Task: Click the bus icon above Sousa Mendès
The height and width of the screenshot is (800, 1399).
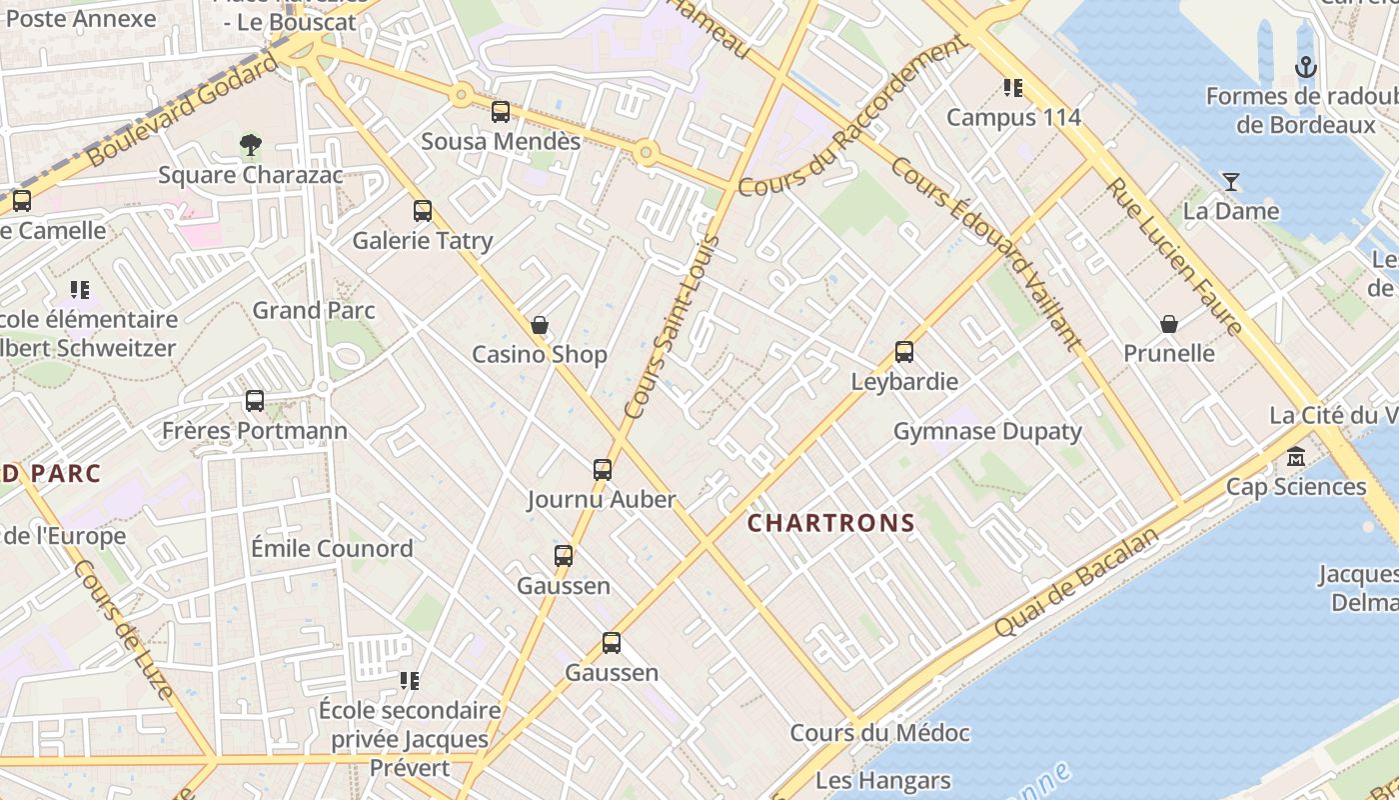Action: pos(501,112)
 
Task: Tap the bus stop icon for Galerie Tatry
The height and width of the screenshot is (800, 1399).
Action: pos(423,211)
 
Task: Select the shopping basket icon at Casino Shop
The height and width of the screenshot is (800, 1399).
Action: pos(540,325)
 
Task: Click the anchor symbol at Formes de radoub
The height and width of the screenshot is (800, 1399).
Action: pos(1305,68)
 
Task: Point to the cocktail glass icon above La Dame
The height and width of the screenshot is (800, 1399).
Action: pos(1231,182)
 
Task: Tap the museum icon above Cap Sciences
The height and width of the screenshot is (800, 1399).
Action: pos(1296,457)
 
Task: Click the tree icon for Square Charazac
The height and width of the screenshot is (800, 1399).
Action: pos(251,146)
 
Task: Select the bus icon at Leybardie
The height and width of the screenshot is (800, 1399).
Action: pos(904,352)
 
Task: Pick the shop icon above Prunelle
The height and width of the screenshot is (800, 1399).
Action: pos(1169,324)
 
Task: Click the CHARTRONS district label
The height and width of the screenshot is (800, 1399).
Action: pos(831,523)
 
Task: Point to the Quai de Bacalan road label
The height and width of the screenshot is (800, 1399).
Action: pos(1078,582)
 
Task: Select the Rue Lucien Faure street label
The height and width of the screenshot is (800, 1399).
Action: pos(1174,256)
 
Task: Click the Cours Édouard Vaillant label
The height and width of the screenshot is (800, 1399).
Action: pos(985,254)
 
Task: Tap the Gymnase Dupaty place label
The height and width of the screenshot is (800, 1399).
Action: pos(987,432)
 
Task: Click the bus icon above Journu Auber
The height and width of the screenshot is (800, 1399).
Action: pos(603,470)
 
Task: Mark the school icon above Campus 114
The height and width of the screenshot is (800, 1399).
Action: pos(1013,88)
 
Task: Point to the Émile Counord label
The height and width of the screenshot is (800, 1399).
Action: pos(332,549)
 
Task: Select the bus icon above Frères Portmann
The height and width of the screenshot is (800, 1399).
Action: pos(255,401)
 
